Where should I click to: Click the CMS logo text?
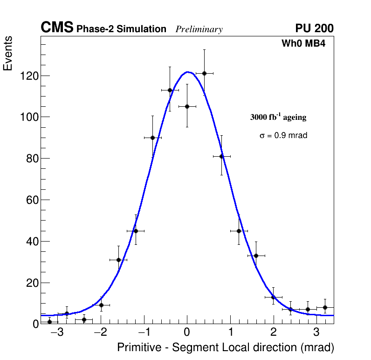tap(57, 28)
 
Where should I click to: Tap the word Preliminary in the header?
tap(199, 29)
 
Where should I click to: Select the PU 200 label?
tap(314, 28)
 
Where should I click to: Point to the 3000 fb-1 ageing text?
tap(278, 117)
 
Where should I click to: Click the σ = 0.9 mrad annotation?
tap(283, 135)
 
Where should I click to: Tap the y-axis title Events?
tap(8, 53)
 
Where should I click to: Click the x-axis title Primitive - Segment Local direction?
tap(226, 347)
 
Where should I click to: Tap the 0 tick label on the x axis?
tap(187, 332)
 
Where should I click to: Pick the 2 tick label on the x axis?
tap(274, 332)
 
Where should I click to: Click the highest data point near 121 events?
tap(204, 73)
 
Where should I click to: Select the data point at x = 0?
tap(187, 106)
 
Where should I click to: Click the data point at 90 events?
tap(152, 138)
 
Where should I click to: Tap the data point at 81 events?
tap(221, 156)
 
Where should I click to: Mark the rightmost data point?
tap(325, 307)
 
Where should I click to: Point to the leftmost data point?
tap(49, 321)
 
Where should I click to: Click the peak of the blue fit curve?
tap(187, 72)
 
